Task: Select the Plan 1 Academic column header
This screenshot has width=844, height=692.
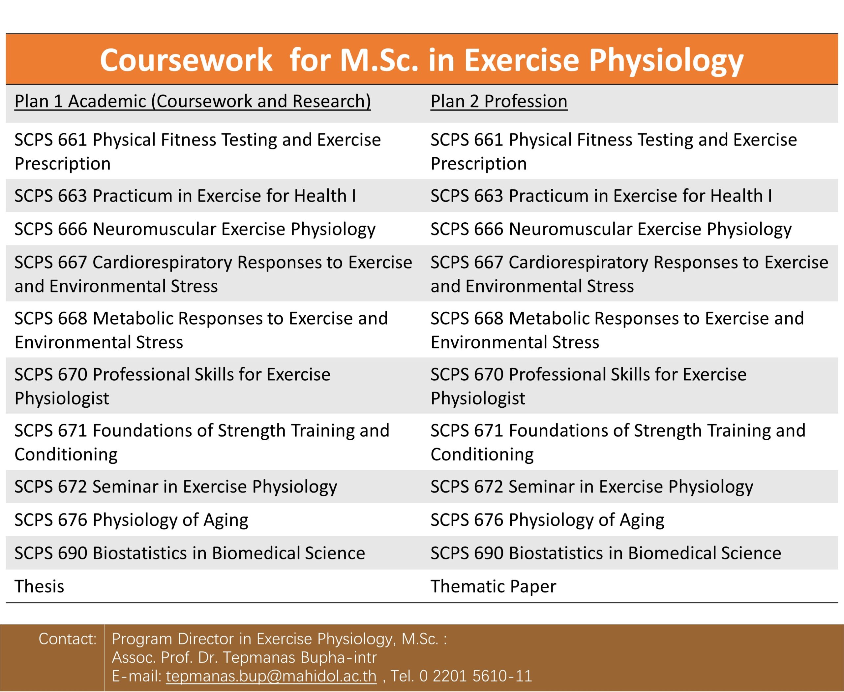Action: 193,101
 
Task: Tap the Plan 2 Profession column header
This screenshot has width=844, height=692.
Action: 499,101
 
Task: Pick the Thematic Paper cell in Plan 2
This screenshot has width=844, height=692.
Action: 493,586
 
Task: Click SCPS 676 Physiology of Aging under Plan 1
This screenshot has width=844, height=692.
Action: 132,520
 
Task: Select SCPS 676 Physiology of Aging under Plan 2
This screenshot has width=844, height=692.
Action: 548,520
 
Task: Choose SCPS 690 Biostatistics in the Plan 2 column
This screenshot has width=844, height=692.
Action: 606,553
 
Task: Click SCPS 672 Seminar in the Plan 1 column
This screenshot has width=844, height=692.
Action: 176,487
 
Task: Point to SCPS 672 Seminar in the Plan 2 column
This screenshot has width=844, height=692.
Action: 592,487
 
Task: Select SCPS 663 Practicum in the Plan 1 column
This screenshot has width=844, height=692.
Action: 185,196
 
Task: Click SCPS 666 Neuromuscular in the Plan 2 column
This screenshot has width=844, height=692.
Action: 611,229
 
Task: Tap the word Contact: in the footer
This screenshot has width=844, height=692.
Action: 68,639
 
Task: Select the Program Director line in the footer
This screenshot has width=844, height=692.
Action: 279,639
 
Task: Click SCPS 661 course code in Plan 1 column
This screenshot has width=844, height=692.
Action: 51,140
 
